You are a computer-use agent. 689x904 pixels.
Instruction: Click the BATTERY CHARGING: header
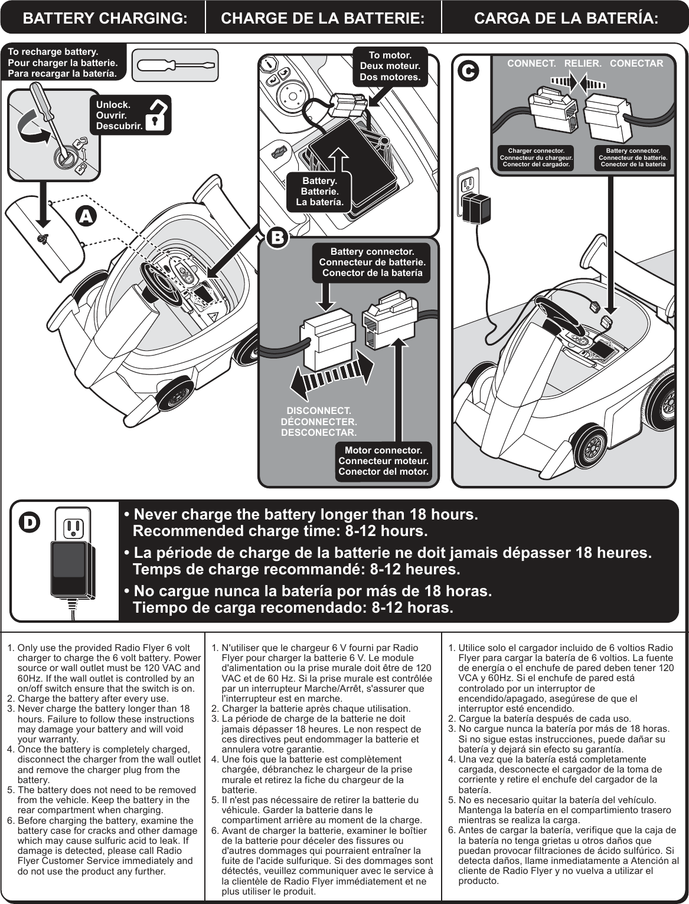click(105, 18)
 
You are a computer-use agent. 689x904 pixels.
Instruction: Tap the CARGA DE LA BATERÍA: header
click(566, 18)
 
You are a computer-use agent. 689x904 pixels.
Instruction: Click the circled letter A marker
click(87, 216)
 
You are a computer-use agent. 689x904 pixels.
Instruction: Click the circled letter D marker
click(30, 522)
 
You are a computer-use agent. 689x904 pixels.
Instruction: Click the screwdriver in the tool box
click(175, 65)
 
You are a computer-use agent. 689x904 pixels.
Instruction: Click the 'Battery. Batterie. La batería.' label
click(319, 192)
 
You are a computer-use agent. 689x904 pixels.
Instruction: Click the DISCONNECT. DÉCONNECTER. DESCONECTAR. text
click(319, 422)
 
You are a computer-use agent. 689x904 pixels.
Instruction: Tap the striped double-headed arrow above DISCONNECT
click(332, 378)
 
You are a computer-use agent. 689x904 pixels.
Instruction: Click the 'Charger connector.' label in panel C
click(536, 157)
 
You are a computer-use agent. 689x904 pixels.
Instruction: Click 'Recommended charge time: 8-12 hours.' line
click(280, 531)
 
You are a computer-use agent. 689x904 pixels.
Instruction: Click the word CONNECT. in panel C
click(531, 63)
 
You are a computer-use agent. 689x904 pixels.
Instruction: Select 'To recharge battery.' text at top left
click(53, 52)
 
